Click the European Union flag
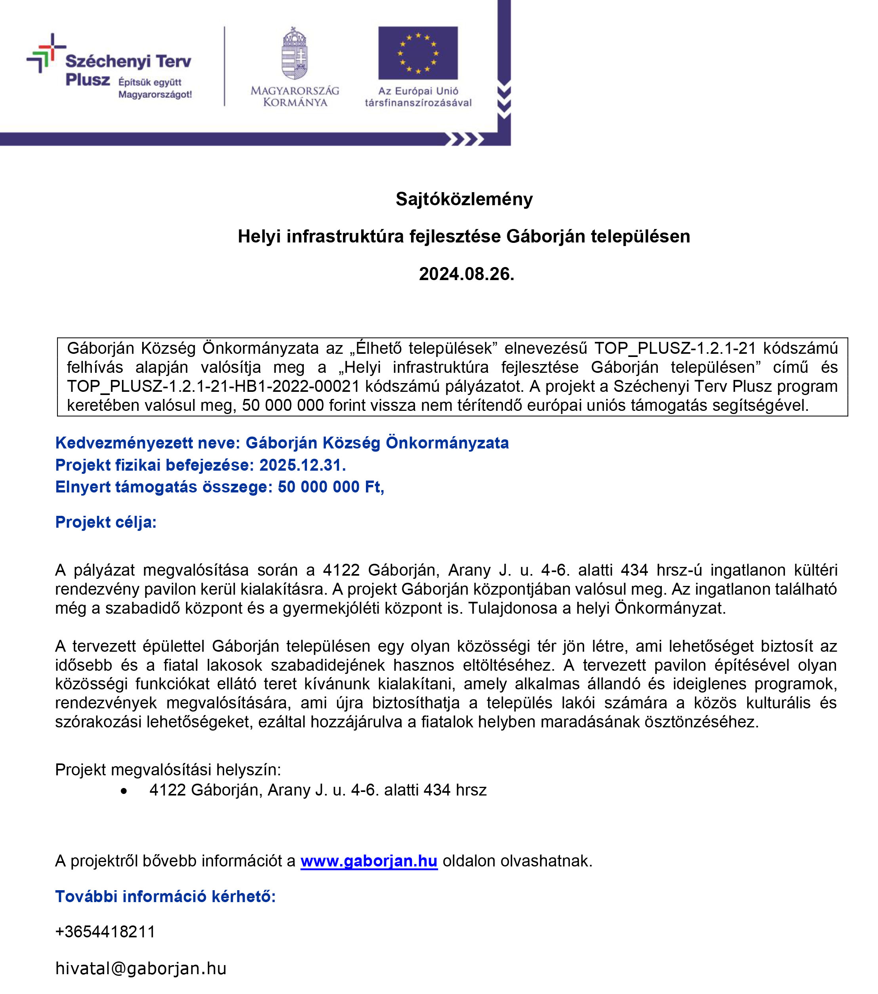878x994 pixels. (x=417, y=53)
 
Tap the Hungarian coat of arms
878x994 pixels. (x=295, y=53)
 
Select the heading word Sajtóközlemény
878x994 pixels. (x=464, y=199)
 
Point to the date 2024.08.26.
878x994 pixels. (x=466, y=274)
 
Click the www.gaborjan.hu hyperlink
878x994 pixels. (x=369, y=861)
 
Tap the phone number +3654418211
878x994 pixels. (x=105, y=932)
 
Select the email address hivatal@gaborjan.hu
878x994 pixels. (x=141, y=969)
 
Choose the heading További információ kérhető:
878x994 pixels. (x=165, y=896)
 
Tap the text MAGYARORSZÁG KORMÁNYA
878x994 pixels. (x=295, y=96)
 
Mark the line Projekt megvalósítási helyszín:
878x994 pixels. (x=168, y=770)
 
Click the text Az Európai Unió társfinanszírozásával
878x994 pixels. (x=418, y=96)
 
